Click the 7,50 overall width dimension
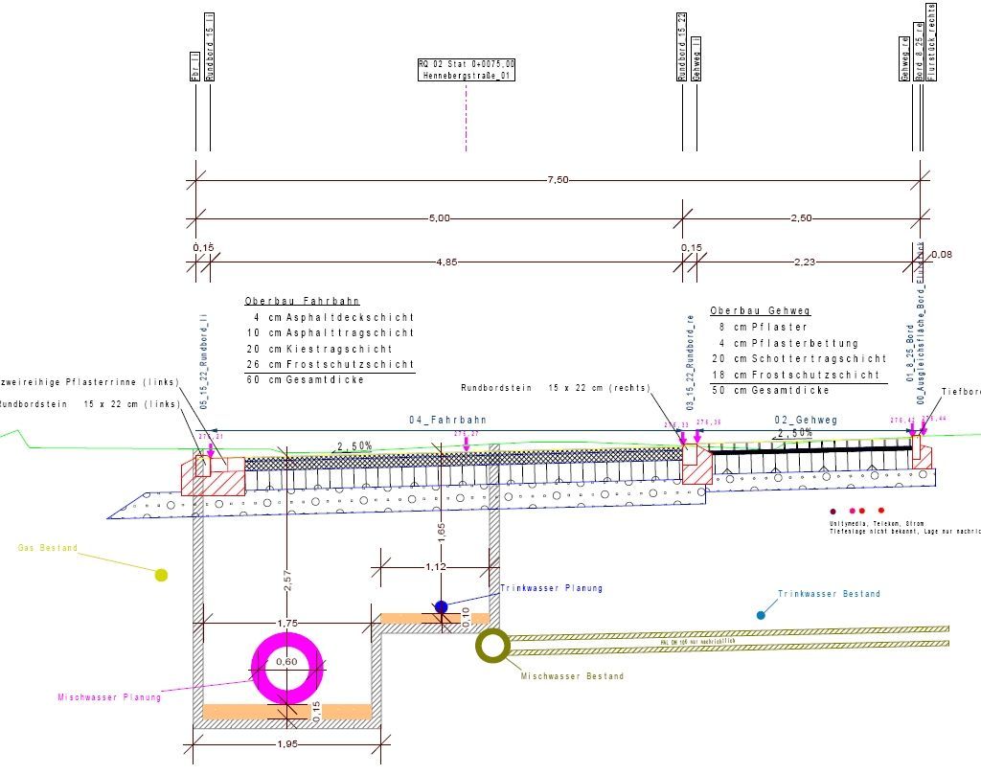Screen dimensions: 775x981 (558, 179)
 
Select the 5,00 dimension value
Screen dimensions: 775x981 (439, 218)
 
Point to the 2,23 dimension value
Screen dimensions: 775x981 (801, 260)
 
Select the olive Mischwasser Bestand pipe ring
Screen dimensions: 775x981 (492, 647)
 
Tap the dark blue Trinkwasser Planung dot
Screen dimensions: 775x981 (441, 606)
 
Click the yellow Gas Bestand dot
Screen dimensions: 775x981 (161, 575)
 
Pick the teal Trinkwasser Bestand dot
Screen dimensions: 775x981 (761, 614)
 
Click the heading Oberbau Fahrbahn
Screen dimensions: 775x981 (288, 301)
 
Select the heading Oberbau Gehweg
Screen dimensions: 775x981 (747, 311)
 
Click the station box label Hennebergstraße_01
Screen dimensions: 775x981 (466, 75)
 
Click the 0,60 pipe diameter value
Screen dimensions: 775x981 (287, 662)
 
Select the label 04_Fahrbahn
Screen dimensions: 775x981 (447, 420)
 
